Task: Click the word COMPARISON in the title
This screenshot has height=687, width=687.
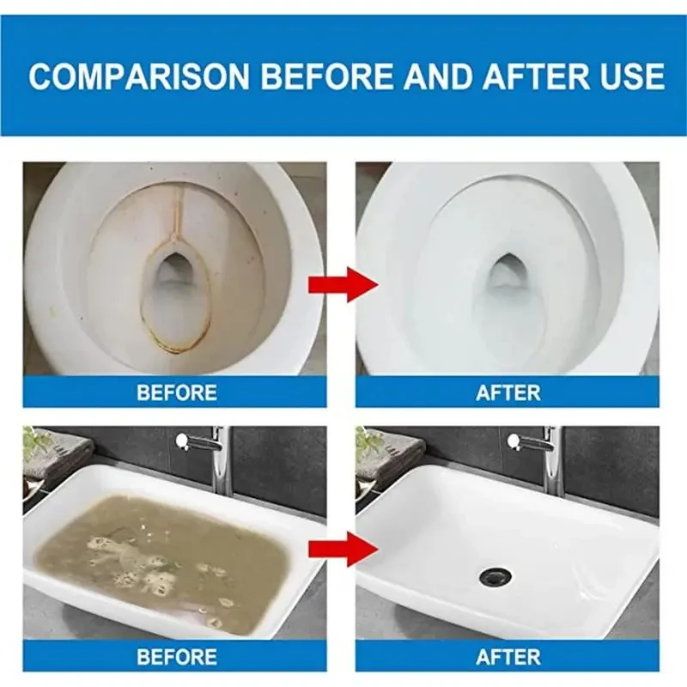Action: coord(139,76)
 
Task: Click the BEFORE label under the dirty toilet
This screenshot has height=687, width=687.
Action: coord(176,392)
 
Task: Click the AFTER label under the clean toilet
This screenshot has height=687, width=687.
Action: coord(508,392)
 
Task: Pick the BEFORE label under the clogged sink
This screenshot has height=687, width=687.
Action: coord(176,657)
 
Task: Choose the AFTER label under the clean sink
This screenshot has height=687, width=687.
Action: coord(508,657)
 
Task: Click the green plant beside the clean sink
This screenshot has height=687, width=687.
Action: coord(371,442)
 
